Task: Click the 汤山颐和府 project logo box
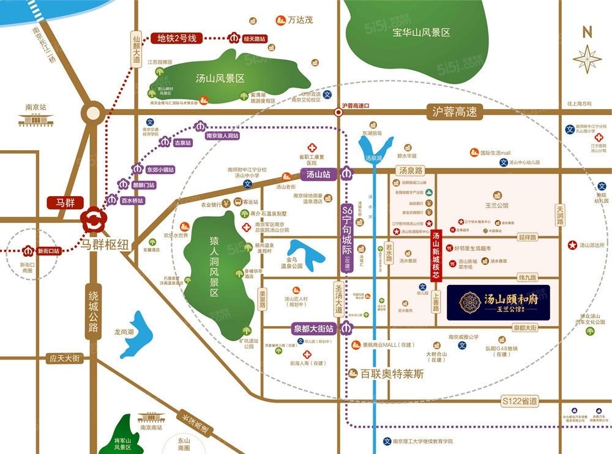click(x=498, y=303)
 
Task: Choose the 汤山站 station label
click(x=318, y=175)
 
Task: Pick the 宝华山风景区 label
click(x=422, y=32)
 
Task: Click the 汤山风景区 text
click(x=220, y=78)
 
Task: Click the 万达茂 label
click(x=300, y=20)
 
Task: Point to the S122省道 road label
click(x=519, y=401)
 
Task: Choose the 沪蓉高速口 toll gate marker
click(x=338, y=113)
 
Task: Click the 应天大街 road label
click(x=65, y=358)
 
